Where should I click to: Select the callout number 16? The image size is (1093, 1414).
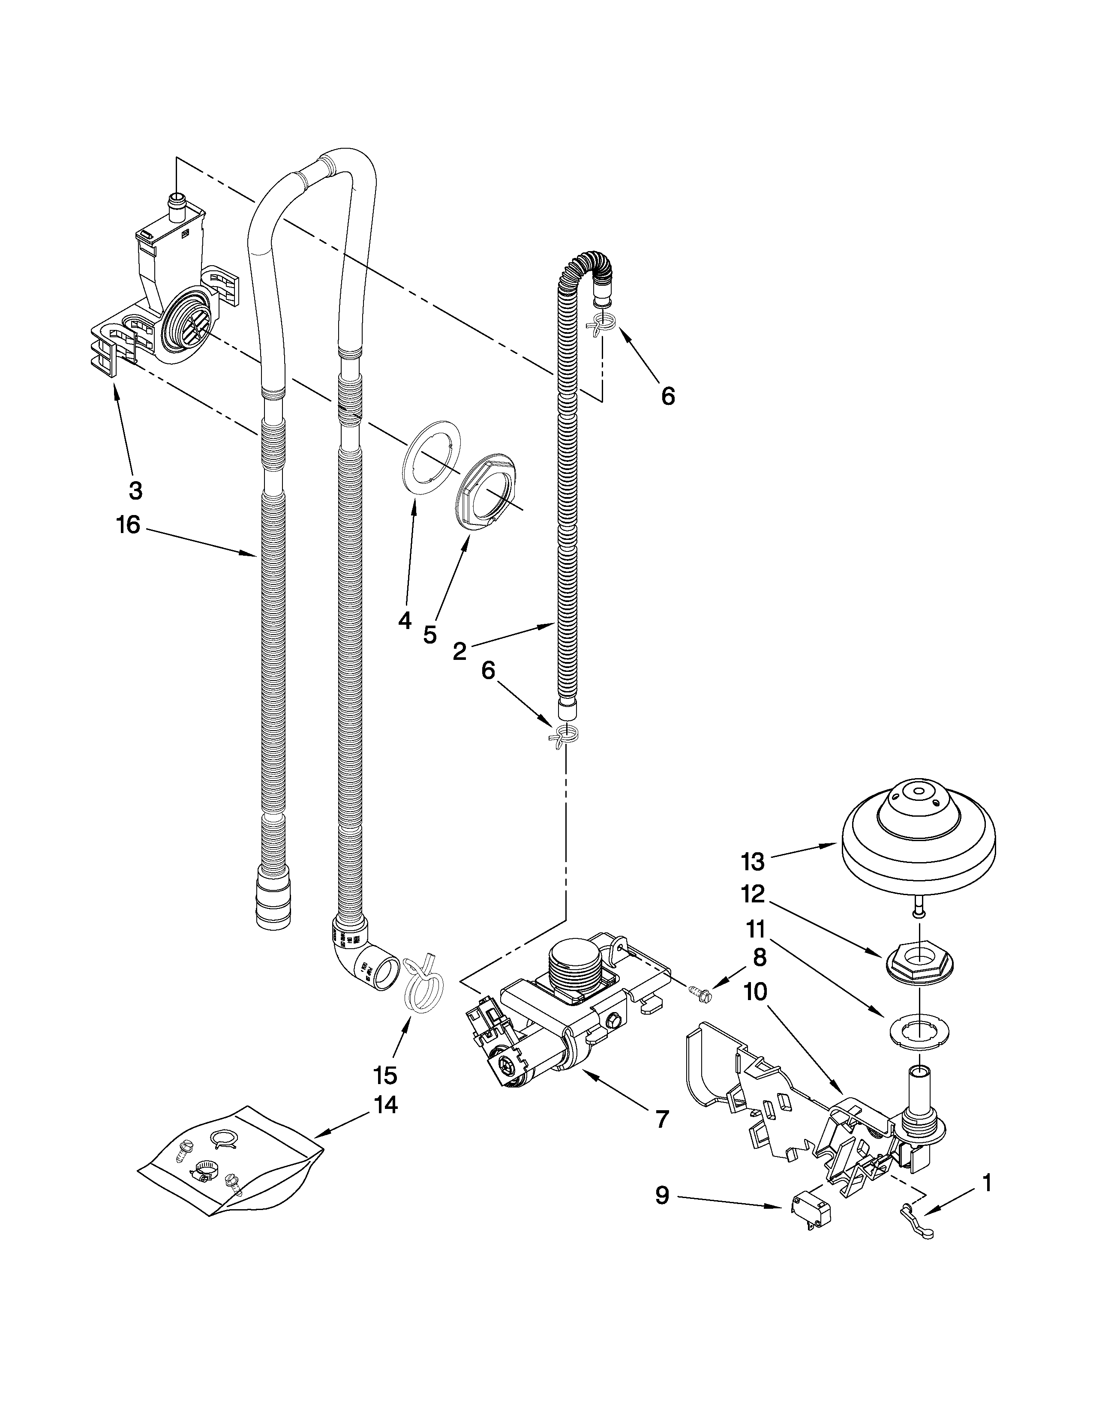pyautogui.click(x=128, y=525)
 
